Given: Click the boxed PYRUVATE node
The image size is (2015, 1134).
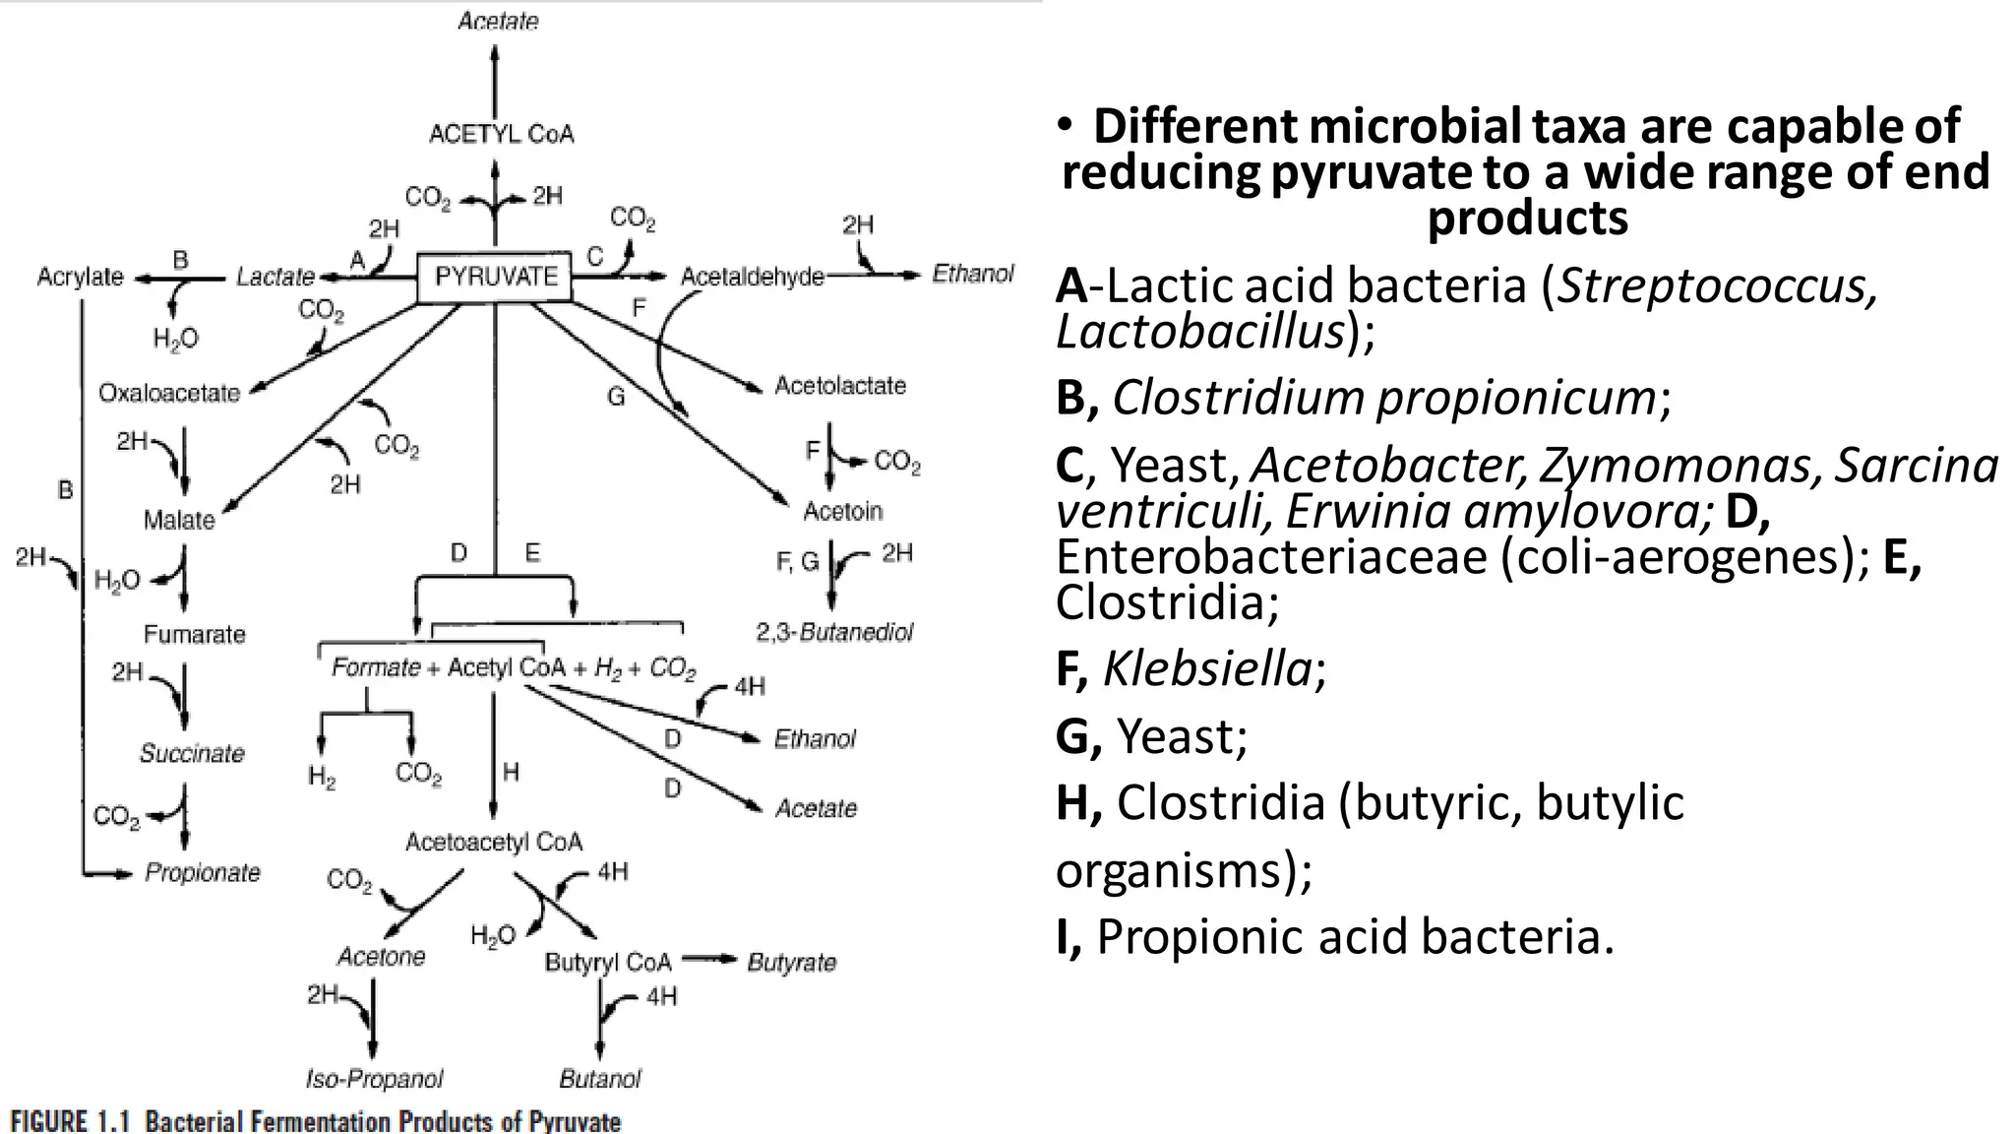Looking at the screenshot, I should click(x=495, y=277).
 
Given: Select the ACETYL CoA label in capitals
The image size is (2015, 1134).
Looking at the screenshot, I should click(x=501, y=134).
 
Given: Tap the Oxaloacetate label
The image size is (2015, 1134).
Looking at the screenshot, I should click(x=169, y=393).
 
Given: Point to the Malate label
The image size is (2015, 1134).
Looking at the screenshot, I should click(x=179, y=520).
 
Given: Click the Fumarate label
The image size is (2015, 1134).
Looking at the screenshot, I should click(x=194, y=634).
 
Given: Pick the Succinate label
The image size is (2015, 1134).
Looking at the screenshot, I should click(x=192, y=753).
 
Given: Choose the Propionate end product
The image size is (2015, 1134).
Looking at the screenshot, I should click(x=203, y=872).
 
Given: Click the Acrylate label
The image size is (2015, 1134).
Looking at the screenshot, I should click(x=80, y=277).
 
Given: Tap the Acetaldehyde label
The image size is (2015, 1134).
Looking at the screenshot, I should click(x=752, y=277).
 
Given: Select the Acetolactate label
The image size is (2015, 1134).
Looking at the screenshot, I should click(x=839, y=385).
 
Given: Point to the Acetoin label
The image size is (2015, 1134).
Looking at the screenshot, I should click(x=843, y=511).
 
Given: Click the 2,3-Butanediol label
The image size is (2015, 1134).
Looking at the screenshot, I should click(x=834, y=632).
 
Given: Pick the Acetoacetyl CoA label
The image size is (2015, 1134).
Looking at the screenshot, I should click(x=494, y=842).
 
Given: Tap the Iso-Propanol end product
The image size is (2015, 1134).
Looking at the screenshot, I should click(x=374, y=1079).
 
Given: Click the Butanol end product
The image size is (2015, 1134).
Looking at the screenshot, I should click(x=600, y=1079).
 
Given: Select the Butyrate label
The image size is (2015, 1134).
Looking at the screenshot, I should click(x=792, y=962).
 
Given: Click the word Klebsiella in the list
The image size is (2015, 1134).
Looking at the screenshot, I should click(x=1207, y=669).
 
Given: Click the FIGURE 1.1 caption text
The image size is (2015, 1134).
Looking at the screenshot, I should click(x=315, y=1121).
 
